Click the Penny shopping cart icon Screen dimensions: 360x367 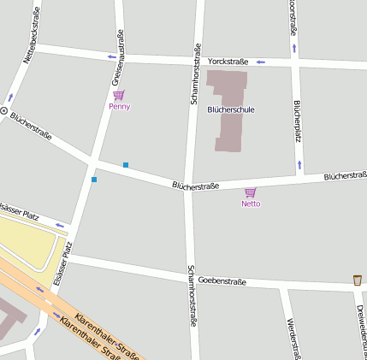pos(119,95)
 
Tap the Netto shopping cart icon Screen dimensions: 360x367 pos(250,192)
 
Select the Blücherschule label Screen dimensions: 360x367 pos(231,109)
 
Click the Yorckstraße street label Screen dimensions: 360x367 pos(228,62)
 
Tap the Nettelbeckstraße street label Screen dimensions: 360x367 pos(32,33)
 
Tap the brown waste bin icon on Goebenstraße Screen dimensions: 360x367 pos(357,280)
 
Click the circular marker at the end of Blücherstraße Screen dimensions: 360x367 pos(3,111)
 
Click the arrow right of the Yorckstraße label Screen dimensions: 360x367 pos(261,62)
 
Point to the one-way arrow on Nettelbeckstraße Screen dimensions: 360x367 pos(11,97)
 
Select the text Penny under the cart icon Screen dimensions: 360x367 pos(120,107)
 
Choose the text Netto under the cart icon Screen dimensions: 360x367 pos(250,204)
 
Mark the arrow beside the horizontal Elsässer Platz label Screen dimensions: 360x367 pos(60,226)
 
